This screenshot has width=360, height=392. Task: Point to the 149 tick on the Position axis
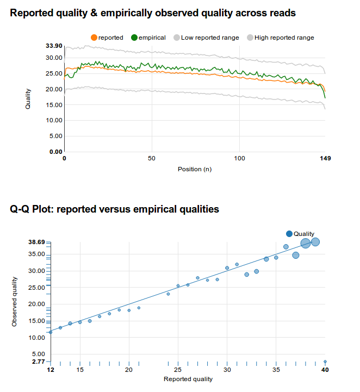[325, 158]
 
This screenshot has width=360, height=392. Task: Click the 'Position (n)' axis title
[195, 169]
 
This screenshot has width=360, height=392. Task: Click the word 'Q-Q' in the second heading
[22, 209]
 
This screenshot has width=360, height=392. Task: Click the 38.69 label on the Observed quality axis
[36, 241]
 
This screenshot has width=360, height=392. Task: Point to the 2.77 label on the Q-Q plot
[38, 361]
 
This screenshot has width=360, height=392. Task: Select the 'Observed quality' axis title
[15, 301]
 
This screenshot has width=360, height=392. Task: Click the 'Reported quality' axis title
[188, 379]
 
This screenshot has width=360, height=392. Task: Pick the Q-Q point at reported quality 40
[325, 361]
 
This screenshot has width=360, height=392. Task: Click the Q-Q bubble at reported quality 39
[315, 242]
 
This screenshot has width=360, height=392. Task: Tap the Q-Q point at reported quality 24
[168, 294]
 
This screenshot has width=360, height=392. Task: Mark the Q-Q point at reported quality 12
[51, 332]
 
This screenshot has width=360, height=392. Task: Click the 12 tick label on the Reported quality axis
[51, 370]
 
